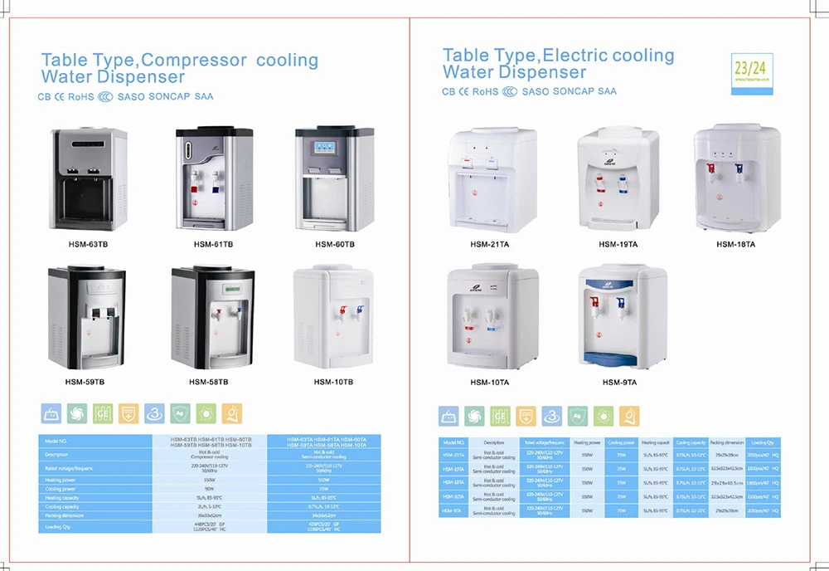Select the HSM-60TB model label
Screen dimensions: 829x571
pos(335,245)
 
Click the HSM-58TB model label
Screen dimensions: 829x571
pos(208,382)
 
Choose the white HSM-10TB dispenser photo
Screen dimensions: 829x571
pos(335,319)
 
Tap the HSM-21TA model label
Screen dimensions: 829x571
pos(490,244)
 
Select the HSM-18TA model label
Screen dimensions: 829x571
pos(736,244)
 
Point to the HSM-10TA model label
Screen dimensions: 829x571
pos(490,382)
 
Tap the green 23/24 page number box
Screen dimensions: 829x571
pos(749,67)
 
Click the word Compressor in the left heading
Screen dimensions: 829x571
pos(199,61)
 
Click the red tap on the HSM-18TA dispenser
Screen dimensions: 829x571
pos(710,170)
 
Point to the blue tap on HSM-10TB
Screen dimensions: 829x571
pos(360,310)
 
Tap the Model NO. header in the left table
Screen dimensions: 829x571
pos(56,440)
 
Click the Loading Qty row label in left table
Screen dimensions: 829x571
pos(57,526)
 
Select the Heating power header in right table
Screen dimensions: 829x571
pos(589,442)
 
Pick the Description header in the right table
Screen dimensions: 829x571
pos(494,442)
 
